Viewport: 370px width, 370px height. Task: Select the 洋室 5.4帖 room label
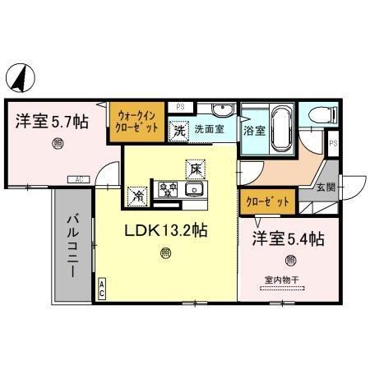pos(287,240)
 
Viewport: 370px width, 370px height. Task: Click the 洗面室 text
pos(210,129)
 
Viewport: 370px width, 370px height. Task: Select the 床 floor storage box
pos(197,169)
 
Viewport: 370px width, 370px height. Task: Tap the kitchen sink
pos(195,190)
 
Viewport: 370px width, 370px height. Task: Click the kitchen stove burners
pos(168,190)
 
